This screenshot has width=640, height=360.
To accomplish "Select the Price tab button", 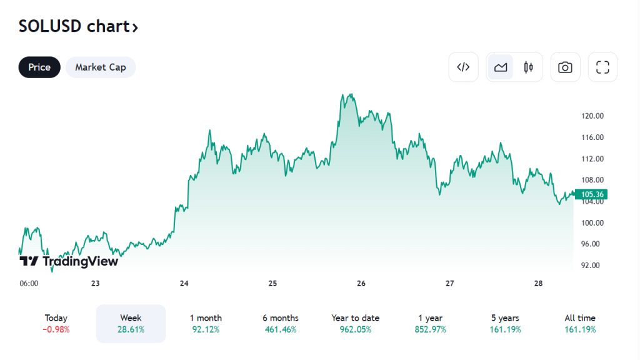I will pos(39,67).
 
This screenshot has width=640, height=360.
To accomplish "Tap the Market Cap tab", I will pos(101,67).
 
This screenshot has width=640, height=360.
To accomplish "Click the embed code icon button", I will pos(463,67).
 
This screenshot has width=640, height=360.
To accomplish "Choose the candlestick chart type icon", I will pos(529,67).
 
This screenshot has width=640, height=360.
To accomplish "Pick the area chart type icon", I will pos(501,67).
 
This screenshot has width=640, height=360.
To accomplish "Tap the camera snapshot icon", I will pos(565,67).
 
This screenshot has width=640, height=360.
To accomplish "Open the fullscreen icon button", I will pos(602,67).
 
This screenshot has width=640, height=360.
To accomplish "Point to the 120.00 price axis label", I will pos(592,116).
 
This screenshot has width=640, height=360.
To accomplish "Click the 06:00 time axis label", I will pos(29,283).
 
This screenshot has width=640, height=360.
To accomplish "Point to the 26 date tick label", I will pos(361,283).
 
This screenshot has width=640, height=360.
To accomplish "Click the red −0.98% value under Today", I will pos(56,329).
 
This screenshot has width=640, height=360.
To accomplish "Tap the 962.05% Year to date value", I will pos(356,329).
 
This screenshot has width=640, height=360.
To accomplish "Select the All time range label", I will pos(580,318).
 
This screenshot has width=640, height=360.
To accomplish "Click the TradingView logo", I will pos(69,261).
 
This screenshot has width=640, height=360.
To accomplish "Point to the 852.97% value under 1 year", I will pos(431,329).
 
